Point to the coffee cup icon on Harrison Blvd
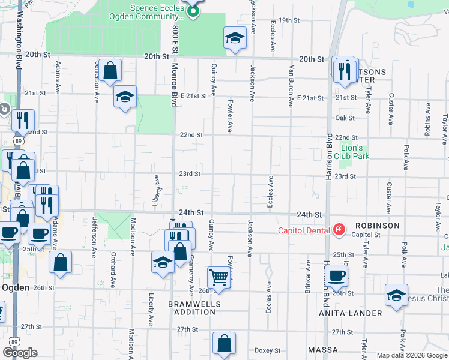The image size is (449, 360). (x=337, y=275)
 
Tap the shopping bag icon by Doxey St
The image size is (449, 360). (x=224, y=344)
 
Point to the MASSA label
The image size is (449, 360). (x=324, y=349)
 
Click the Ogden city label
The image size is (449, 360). (x=16, y=287)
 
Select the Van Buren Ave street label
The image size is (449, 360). (x=291, y=81)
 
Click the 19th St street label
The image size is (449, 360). (x=288, y=20)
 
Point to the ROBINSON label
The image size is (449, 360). (x=376, y=226)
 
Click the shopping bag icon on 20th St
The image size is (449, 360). (x=110, y=71)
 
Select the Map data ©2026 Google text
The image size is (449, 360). (x=411, y=355)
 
